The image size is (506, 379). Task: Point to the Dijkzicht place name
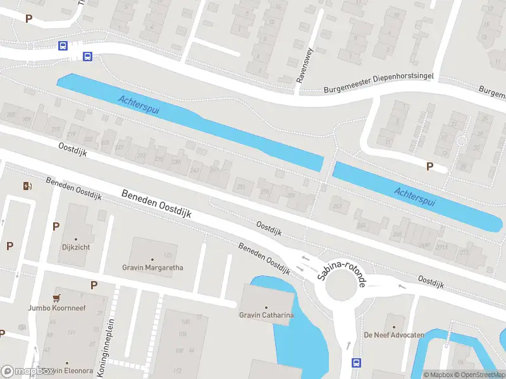76,247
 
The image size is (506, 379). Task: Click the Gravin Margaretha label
152,267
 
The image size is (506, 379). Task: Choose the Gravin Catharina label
266,315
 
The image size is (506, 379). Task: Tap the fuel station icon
27,186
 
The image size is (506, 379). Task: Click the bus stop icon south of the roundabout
356,363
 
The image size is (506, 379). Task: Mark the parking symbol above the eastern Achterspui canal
430,167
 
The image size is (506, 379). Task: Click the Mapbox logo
27,371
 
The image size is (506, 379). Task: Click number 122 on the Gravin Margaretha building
168,255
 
